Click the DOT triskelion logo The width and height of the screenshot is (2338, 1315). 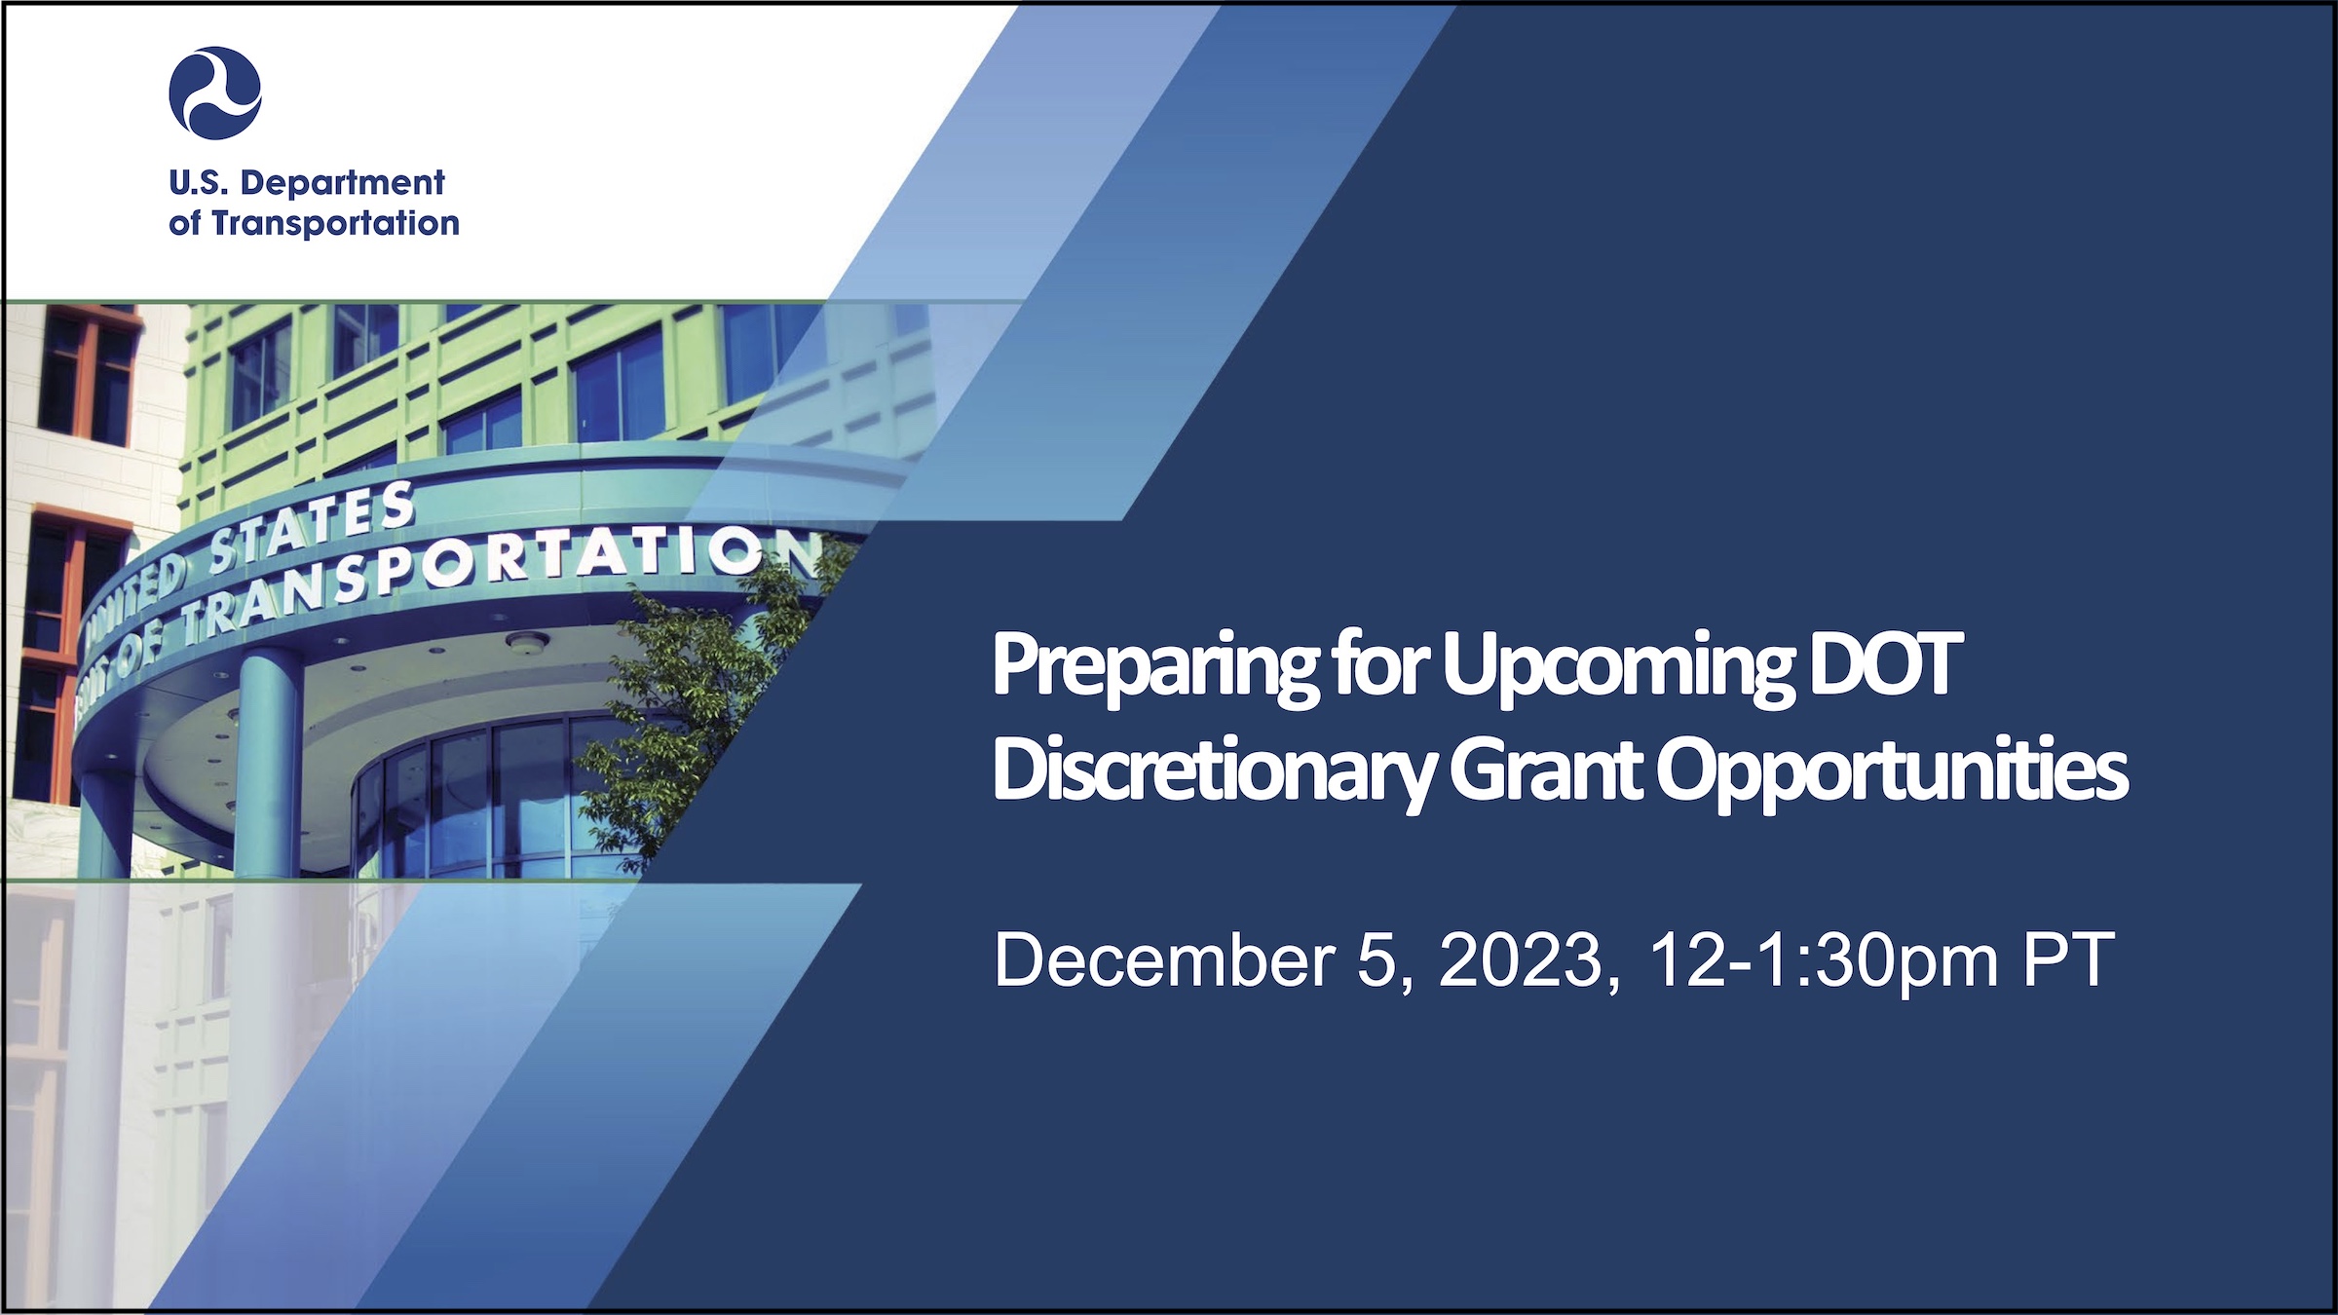[215, 94]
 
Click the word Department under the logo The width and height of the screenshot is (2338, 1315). [343, 183]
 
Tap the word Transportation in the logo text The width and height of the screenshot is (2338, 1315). [336, 223]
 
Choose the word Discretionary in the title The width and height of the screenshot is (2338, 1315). [1214, 771]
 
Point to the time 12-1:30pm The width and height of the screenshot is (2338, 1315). [1823, 961]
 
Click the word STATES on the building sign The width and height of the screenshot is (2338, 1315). [312, 531]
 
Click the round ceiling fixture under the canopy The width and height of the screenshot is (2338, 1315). [527, 642]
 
